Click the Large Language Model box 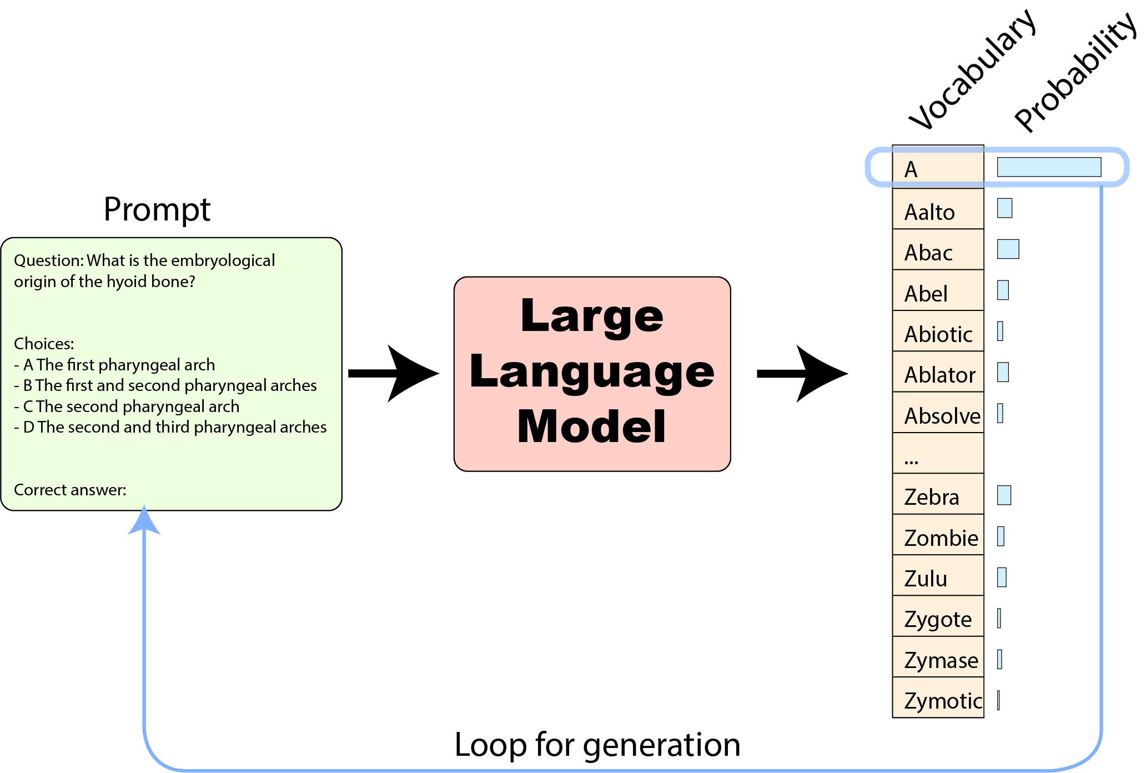tap(592, 374)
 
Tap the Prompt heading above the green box tap(157, 209)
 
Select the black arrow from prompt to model tap(394, 373)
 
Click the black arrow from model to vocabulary tap(802, 373)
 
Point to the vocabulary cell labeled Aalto tap(938, 209)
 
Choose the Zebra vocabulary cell tap(938, 494)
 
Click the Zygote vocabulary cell tap(938, 616)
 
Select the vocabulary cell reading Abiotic tap(938, 331)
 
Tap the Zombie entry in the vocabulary tap(938, 534)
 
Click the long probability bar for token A tap(1049, 167)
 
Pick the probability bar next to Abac tap(1008, 249)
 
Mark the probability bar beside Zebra tap(1004, 495)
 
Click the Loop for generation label tap(597, 744)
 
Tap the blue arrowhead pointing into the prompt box tap(144, 520)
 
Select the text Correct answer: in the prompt tap(70, 490)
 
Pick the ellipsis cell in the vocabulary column tap(938, 453)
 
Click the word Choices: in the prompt tap(44, 344)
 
